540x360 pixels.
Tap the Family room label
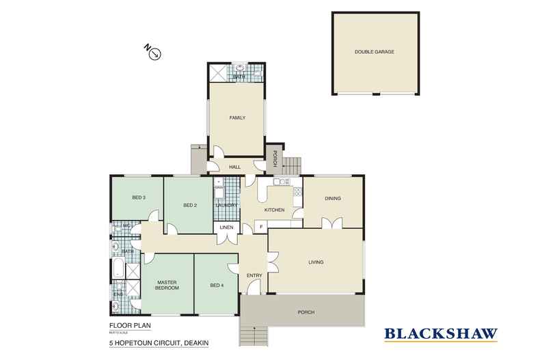tap(237, 117)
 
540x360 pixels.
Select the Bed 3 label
tap(139, 198)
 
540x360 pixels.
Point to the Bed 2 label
tap(190, 205)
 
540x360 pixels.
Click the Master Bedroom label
tap(167, 286)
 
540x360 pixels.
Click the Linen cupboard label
tap(226, 227)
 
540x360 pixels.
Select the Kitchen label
tap(275, 210)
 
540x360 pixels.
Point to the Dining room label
tap(332, 199)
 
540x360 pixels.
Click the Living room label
tap(315, 262)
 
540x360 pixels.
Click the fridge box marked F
tap(260, 227)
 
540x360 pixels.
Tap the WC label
tap(126, 225)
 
